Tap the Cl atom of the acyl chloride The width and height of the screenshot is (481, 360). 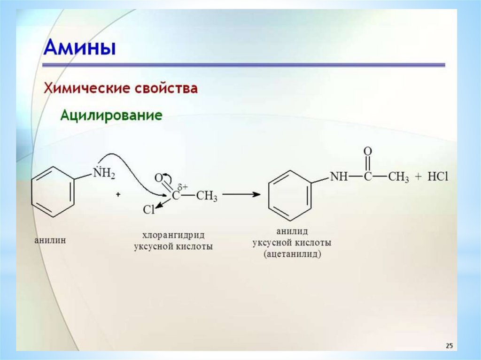(x=148, y=210)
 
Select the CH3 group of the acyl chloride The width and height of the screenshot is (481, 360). (x=207, y=196)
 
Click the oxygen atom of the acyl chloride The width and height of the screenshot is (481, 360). (x=158, y=177)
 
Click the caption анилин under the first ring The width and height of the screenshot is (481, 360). (x=50, y=240)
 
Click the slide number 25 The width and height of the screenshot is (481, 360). (x=449, y=346)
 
